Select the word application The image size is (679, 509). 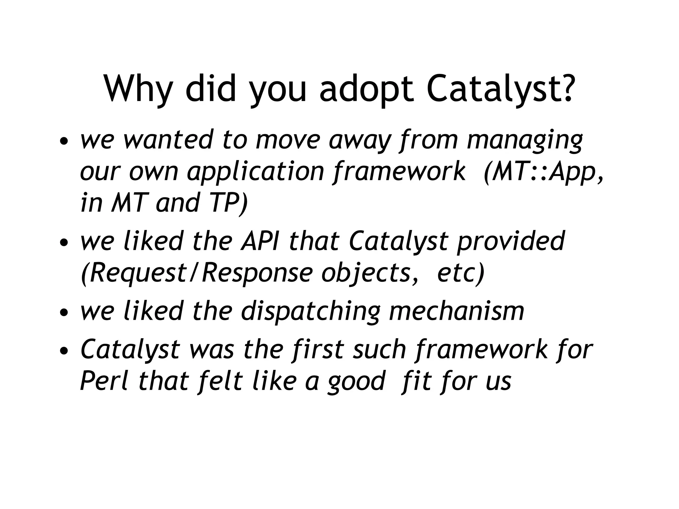255,172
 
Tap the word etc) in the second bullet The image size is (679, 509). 461,273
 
